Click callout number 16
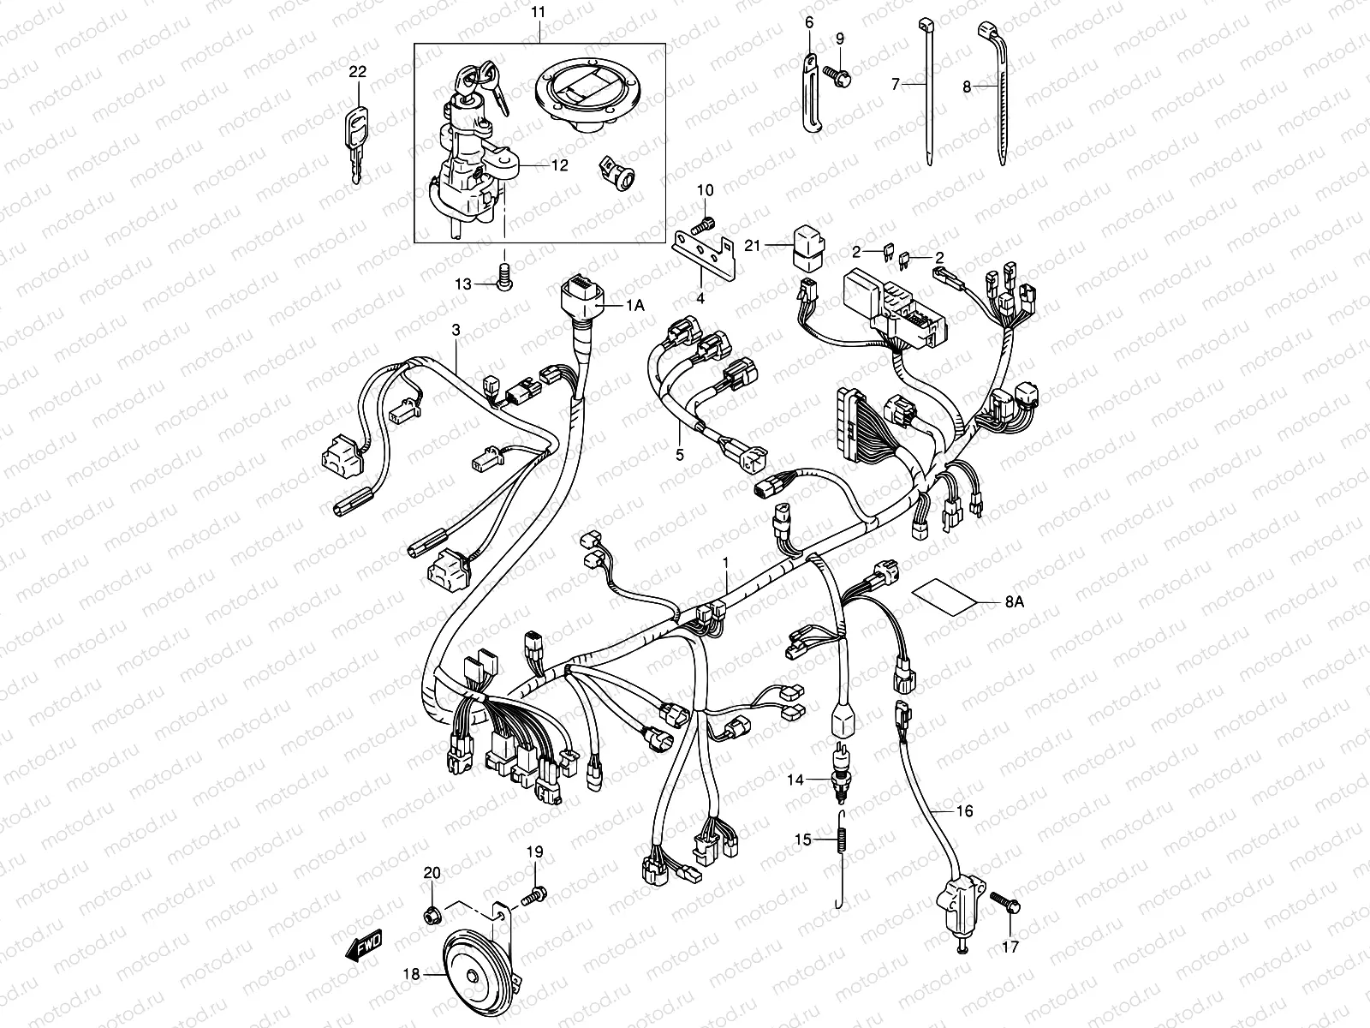point(964,810)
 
